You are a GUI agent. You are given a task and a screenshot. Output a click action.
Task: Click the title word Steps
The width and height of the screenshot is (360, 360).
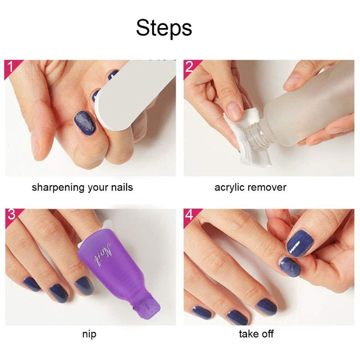coord(164,28)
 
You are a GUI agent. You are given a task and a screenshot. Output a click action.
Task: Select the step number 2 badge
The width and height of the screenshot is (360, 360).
coord(189,67)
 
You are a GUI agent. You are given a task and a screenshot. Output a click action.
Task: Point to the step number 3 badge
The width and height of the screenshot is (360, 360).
coord(11,215)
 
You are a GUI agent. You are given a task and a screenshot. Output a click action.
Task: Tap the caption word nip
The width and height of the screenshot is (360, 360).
coord(89,334)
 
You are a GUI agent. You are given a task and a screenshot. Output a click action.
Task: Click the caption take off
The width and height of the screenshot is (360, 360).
coord(256,334)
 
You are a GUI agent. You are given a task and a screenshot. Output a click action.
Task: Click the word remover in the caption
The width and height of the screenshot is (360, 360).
coord(268,188)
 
